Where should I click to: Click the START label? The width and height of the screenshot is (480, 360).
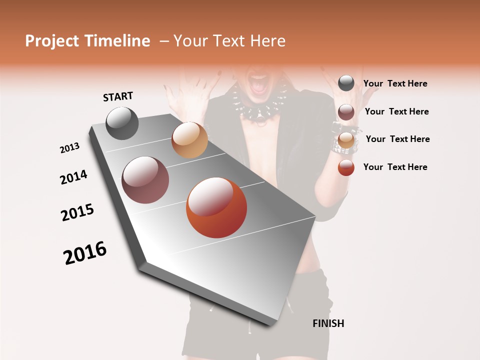pos(118,96)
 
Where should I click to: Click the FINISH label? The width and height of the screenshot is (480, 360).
pos(328,323)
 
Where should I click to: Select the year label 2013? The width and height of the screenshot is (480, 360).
pos(69,148)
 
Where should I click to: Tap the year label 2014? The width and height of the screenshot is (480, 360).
pos(73,177)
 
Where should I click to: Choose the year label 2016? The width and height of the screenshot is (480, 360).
pos(85,253)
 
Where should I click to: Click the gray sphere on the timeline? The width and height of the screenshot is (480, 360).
pos(122,123)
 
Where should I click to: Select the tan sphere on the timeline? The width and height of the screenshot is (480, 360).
pos(189,140)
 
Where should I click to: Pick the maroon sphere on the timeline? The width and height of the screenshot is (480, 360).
pos(145,180)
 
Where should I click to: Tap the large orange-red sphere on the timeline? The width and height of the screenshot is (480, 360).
pos(216,207)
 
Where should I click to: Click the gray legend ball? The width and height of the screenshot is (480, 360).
pos(346,83)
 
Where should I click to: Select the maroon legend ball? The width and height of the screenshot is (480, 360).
pos(346,112)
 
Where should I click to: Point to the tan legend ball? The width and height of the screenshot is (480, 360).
pos(346,140)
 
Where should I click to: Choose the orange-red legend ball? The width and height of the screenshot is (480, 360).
pos(346,167)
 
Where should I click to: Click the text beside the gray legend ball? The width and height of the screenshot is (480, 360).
pos(395,84)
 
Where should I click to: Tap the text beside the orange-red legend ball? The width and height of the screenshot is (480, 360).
pos(395,167)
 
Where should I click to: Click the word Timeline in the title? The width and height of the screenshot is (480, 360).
pos(117,41)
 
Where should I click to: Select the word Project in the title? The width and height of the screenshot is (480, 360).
pos(52,41)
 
